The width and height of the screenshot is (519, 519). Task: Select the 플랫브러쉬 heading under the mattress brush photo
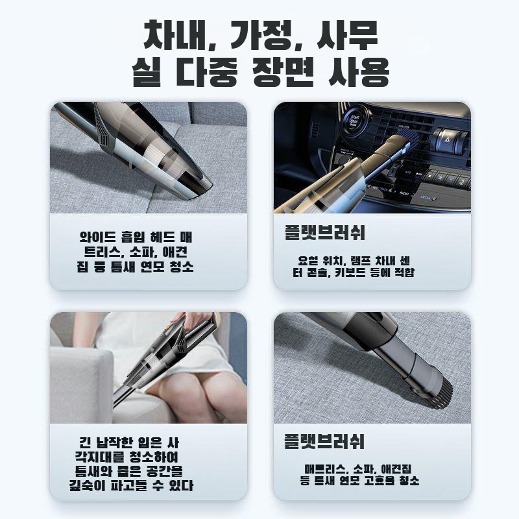(x=325, y=443)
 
